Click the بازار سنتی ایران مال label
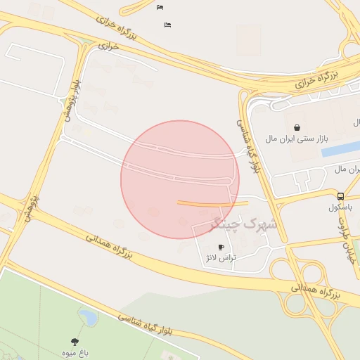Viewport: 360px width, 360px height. coord(297,139)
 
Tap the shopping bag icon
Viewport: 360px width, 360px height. coord(297,127)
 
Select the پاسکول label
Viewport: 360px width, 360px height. coord(342,207)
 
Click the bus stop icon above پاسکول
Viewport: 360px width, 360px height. coord(341,196)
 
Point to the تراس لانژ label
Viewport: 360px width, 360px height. coord(220,258)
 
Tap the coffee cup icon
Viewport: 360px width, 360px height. coord(221,247)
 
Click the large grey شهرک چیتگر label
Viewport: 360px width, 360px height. coord(235,225)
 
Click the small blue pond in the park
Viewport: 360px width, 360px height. coord(89,317)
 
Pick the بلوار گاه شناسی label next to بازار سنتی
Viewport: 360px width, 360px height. coord(251,145)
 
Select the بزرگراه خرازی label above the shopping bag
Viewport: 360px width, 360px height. coord(316,79)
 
